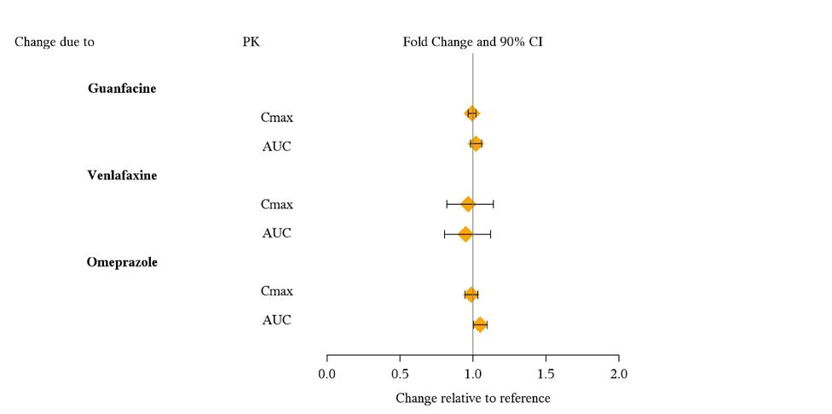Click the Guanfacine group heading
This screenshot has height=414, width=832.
[x=122, y=88]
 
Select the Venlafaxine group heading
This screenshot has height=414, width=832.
[x=122, y=175]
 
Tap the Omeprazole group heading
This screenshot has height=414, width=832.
[x=122, y=262]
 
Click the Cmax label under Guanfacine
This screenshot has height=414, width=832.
[x=277, y=117]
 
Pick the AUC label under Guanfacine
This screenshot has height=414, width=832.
[x=277, y=146]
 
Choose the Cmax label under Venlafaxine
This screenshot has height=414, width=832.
[x=277, y=204]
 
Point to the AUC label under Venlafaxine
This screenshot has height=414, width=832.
[x=277, y=233]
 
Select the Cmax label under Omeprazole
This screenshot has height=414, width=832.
[x=277, y=291]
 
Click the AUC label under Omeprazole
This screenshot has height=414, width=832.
[x=277, y=320]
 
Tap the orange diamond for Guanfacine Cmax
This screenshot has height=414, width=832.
[x=471, y=114]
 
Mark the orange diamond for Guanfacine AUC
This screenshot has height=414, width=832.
[x=476, y=144]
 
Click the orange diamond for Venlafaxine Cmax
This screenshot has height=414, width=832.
[x=467, y=204]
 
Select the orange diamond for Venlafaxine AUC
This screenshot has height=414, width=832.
[x=465, y=234]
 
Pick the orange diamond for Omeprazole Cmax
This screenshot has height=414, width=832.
[x=471, y=294]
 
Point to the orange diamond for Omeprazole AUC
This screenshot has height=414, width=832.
[x=480, y=324]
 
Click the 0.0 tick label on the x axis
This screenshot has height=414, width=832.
[x=327, y=374]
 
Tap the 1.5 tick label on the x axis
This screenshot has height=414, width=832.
[x=546, y=374]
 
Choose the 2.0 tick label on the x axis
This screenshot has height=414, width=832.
[x=619, y=374]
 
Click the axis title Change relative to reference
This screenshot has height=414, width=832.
[x=473, y=398]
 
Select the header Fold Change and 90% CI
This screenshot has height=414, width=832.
[x=473, y=41]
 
